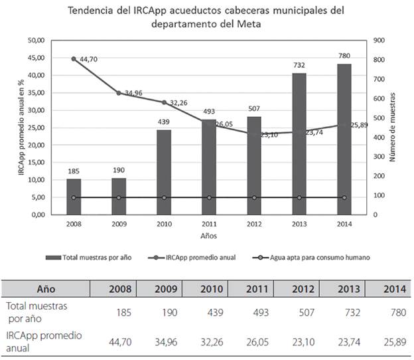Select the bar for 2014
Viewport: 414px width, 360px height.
click(x=344, y=139)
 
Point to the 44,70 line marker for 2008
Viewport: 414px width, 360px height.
click(x=74, y=59)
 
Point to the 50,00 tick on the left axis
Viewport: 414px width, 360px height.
click(x=36, y=41)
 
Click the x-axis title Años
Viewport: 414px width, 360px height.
click(x=209, y=235)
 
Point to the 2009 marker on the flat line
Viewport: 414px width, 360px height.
click(x=119, y=197)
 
